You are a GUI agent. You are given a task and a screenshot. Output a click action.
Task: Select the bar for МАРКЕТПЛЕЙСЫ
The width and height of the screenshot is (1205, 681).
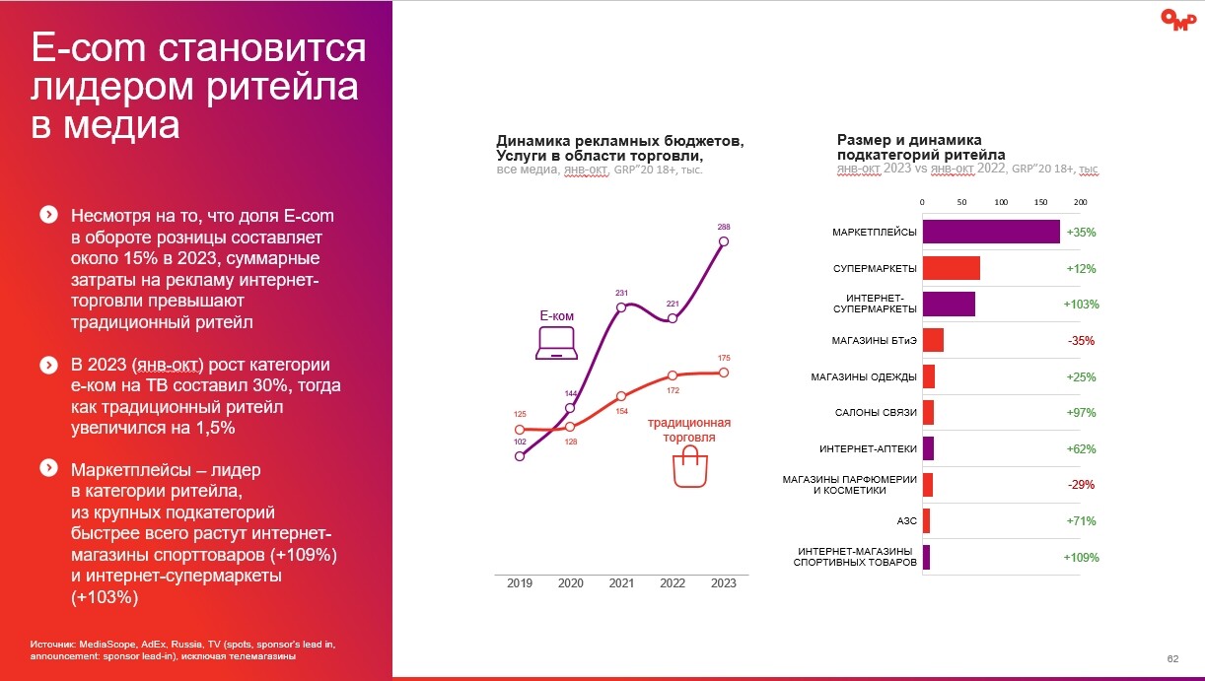[x=991, y=233]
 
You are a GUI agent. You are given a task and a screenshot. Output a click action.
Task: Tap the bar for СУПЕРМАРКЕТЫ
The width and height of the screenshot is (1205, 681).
[x=951, y=268]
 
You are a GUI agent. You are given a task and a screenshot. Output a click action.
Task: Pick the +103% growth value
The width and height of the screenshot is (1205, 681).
[x=1081, y=305]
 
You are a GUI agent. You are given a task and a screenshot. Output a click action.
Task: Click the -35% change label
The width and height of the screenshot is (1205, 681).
[x=1081, y=341]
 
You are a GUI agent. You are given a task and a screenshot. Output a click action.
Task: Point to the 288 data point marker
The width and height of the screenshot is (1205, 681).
[x=724, y=240]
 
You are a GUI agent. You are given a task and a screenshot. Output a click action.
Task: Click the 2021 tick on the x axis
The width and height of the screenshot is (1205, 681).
[x=621, y=583]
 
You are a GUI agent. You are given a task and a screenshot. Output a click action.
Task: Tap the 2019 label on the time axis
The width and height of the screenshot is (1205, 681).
[x=520, y=583]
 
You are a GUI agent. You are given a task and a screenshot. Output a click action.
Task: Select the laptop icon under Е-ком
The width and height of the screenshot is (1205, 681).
[x=556, y=342]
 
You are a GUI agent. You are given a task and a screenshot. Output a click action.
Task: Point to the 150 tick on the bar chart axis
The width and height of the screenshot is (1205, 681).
[x=1040, y=202]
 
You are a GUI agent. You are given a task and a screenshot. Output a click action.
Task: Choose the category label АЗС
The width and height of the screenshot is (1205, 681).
[x=906, y=521]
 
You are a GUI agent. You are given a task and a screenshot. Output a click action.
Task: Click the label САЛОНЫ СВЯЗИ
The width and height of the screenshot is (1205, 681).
[x=878, y=413]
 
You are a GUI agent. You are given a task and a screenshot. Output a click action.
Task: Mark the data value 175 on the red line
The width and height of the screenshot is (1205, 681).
[x=724, y=357]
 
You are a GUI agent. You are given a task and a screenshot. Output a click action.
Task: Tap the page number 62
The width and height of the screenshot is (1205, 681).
[x=1172, y=658]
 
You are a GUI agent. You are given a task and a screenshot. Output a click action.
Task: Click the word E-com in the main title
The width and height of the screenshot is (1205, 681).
[x=87, y=49]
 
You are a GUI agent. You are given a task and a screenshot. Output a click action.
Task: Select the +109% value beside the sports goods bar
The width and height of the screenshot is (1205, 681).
[x=1081, y=558]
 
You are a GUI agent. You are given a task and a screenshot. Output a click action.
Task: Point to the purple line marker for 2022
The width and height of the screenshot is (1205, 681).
[x=673, y=318]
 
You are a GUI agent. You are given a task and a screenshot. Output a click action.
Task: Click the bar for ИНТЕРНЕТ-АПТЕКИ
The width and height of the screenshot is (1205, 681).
[x=927, y=449]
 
